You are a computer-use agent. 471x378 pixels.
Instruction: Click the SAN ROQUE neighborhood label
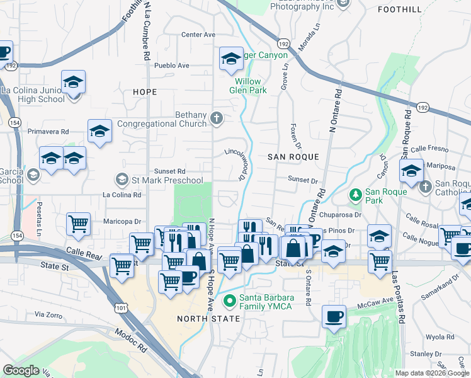click(293, 156)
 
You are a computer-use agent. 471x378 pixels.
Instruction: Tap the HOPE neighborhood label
click(145, 92)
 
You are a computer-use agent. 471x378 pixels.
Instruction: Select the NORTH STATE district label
click(208, 319)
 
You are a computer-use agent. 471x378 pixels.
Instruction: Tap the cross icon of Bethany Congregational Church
click(216, 118)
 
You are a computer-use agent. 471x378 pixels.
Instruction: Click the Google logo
click(21, 370)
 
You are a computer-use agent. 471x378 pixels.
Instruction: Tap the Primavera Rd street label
click(48, 132)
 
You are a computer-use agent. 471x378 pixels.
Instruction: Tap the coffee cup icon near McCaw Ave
click(334, 316)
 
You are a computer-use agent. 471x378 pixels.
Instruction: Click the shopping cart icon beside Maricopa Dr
click(79, 224)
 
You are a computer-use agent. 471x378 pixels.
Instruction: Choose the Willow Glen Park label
click(251, 86)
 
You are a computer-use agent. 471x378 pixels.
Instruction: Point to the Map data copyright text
click(431, 373)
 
